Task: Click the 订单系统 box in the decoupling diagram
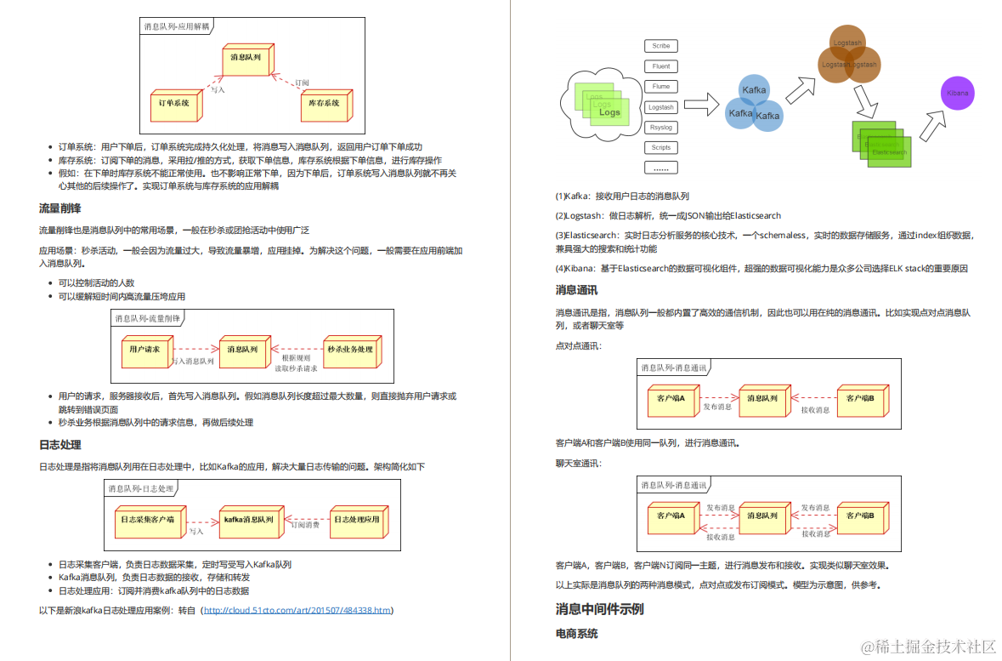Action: (175, 104)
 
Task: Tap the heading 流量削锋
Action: (60, 208)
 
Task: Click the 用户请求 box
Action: (145, 350)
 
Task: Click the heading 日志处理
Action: (60, 445)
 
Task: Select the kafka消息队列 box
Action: (248, 520)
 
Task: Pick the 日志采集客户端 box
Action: (148, 520)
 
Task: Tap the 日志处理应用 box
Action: (355, 520)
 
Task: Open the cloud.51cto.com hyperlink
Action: (297, 610)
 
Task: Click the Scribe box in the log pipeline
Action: (661, 46)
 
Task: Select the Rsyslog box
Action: (661, 128)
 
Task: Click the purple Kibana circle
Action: (959, 93)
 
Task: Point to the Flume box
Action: (661, 87)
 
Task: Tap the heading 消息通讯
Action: (576, 290)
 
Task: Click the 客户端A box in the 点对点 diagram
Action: (671, 398)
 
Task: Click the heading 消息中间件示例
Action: (599, 609)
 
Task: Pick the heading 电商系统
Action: (576, 634)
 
